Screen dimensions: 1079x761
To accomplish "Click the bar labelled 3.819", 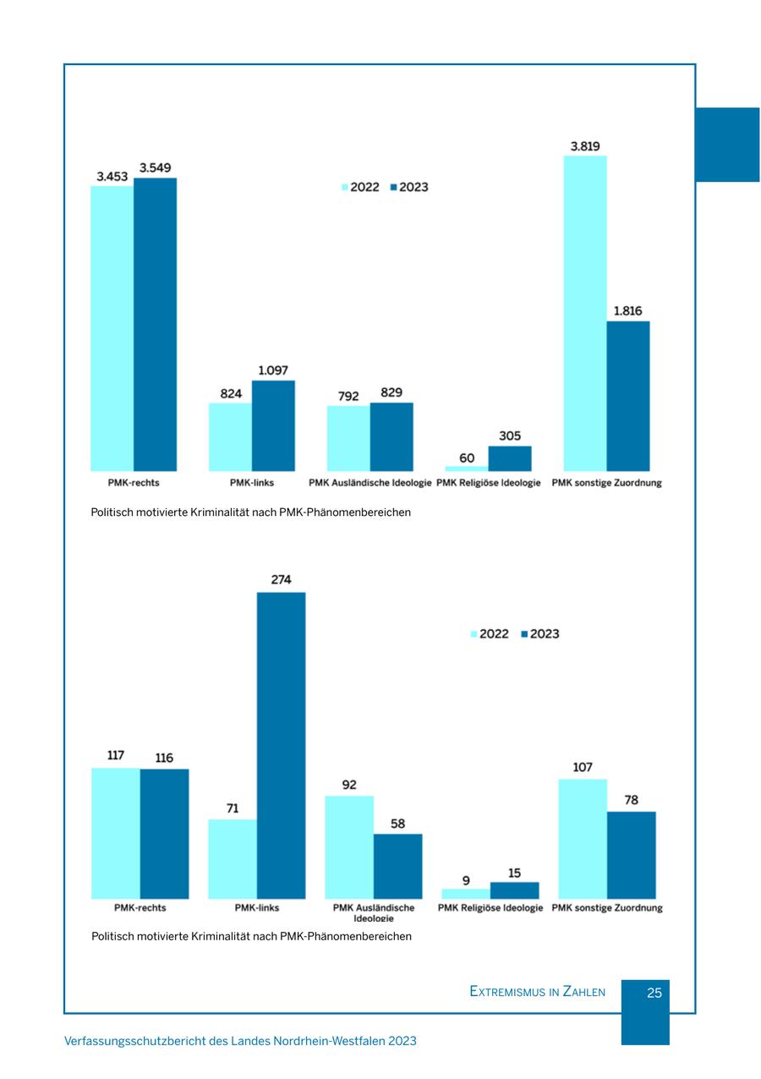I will pyautogui.click(x=585, y=313).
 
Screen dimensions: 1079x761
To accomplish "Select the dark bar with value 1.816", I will pyautogui.click(x=628, y=396).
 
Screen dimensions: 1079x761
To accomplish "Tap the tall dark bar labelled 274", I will pyautogui.click(x=282, y=745).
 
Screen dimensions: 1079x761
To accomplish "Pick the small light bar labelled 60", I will pyautogui.click(x=467, y=468).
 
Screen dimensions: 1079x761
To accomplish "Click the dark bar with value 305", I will pyautogui.click(x=510, y=458).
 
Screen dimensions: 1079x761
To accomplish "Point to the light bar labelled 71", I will pyautogui.click(x=233, y=858).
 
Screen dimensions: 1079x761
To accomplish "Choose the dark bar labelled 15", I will pyautogui.click(x=514, y=890).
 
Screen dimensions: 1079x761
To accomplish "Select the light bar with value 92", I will pyautogui.click(x=349, y=846).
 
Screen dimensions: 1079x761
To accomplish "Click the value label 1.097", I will pyautogui.click(x=273, y=370).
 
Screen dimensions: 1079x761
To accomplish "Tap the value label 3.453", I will pyautogui.click(x=112, y=176).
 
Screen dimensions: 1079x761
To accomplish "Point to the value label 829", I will pyautogui.click(x=391, y=392).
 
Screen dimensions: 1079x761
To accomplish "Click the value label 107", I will pyautogui.click(x=583, y=768).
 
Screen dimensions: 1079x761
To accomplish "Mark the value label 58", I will pyautogui.click(x=397, y=823).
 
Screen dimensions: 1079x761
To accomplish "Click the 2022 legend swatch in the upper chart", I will pyautogui.click(x=344, y=187).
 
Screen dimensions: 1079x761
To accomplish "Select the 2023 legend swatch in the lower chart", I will pyautogui.click(x=524, y=634).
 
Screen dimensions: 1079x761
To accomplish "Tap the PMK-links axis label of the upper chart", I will pyautogui.click(x=252, y=484).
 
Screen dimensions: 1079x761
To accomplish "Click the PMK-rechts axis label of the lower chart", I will pyautogui.click(x=140, y=908).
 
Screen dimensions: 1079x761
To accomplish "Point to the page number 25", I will pyautogui.click(x=654, y=993).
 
